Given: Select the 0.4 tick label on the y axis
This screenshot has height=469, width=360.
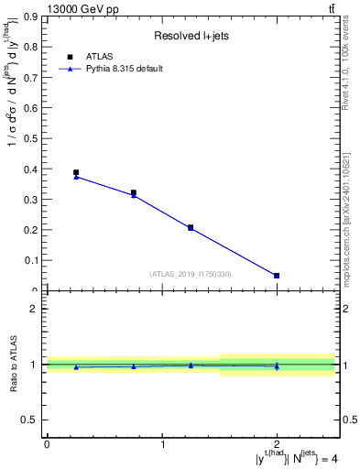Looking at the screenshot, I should click(32, 169).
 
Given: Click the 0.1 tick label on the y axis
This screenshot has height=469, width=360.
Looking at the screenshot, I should click(32, 261).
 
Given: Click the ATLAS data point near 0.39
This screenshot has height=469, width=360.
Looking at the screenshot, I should click(76, 172).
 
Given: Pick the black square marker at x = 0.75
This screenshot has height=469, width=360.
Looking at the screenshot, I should click(134, 193).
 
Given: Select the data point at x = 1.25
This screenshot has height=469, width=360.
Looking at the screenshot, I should click(191, 227).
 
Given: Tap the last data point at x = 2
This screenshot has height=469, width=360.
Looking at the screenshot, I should click(277, 276).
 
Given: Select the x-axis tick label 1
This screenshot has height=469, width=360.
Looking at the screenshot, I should click(162, 444).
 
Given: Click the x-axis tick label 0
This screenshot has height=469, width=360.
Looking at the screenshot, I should click(47, 444).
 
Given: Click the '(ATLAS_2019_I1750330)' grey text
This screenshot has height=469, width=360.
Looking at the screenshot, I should click(191, 274).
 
